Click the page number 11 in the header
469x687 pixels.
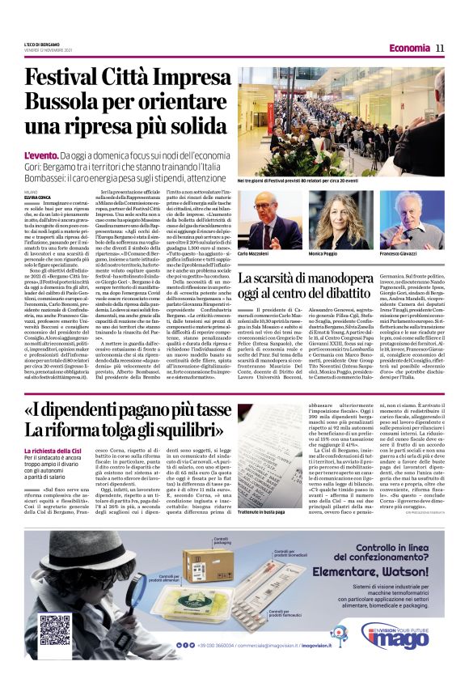click(440, 48)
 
